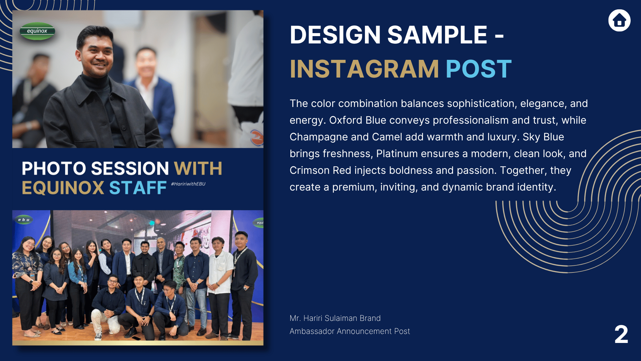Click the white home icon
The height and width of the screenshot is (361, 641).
[619, 20]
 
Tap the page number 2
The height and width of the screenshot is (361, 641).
[621, 334]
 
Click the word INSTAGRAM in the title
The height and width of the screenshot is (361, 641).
[364, 69]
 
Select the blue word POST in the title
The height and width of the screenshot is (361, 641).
[478, 69]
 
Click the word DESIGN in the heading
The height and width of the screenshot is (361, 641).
[335, 35]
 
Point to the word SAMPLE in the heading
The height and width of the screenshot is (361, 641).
[437, 35]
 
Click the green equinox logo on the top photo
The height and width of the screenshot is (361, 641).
[37, 31]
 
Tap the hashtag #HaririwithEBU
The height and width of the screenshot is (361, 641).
[188, 184]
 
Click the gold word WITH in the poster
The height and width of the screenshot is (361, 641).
[198, 168]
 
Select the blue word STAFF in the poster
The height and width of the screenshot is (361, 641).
[138, 188]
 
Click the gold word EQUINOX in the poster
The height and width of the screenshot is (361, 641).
[63, 188]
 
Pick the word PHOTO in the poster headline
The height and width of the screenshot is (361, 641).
[54, 168]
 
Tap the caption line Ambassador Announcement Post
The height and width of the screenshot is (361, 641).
[350, 331]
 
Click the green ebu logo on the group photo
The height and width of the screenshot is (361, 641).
[24, 220]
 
